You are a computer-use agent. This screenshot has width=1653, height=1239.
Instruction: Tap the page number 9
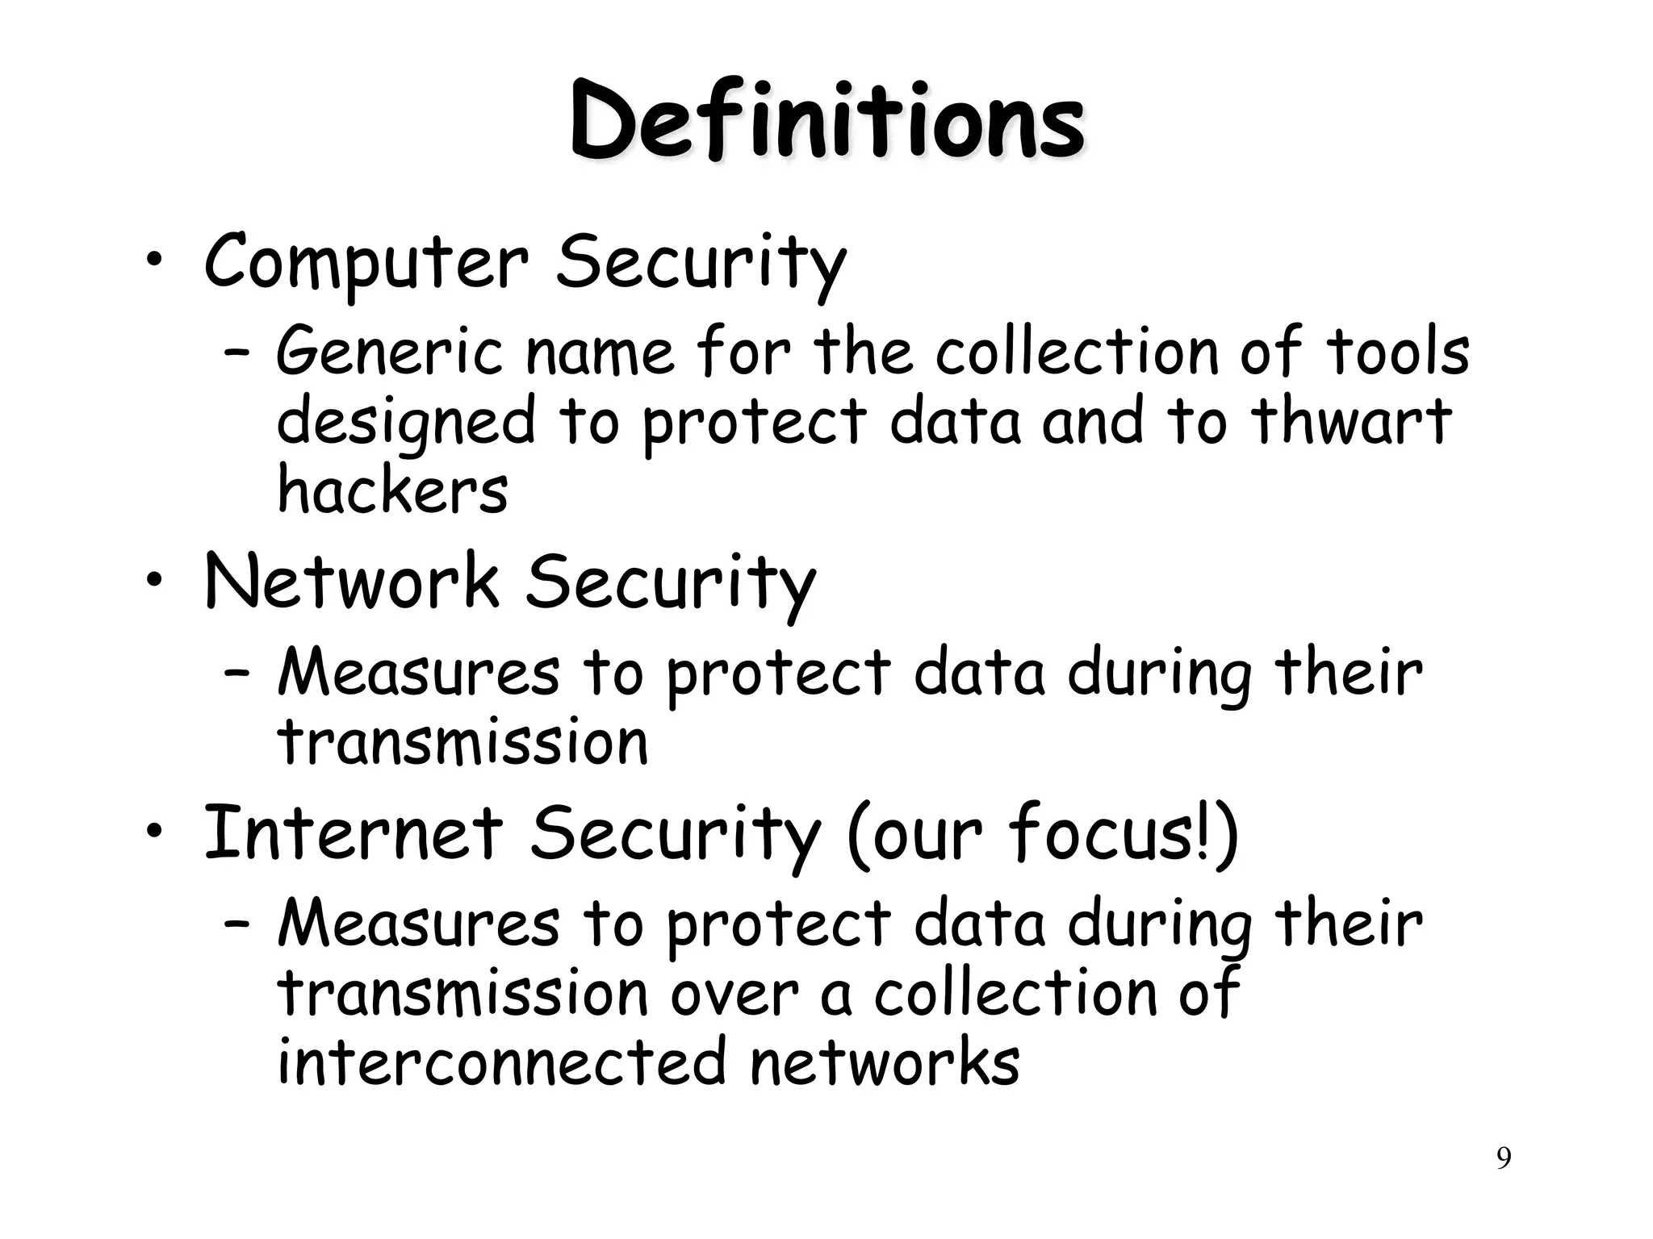[x=1504, y=1158]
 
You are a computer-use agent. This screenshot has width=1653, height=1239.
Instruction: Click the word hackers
[x=392, y=490]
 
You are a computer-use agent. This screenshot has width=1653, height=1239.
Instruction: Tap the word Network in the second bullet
[x=352, y=582]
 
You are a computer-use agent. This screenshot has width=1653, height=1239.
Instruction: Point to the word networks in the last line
[x=885, y=1062]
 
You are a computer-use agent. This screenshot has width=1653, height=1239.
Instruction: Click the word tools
[x=1397, y=352]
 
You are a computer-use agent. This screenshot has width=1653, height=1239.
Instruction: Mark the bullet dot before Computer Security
[x=154, y=262]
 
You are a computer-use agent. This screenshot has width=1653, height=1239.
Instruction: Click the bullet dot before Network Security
[x=154, y=582]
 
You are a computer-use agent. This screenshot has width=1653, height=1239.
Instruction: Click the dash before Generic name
[x=236, y=352]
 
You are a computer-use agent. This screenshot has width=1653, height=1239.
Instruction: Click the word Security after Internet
[x=675, y=834]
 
